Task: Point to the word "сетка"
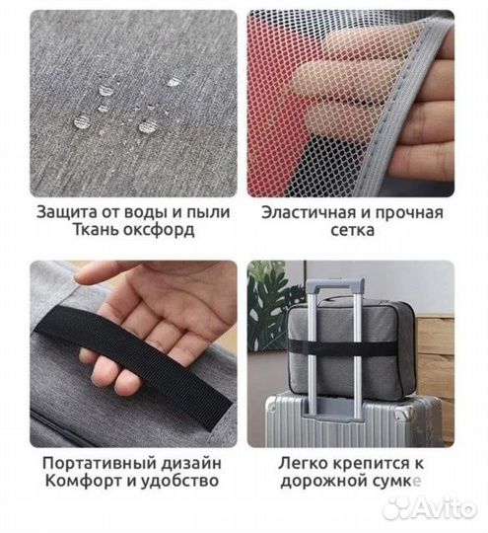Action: click(x=352, y=230)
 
